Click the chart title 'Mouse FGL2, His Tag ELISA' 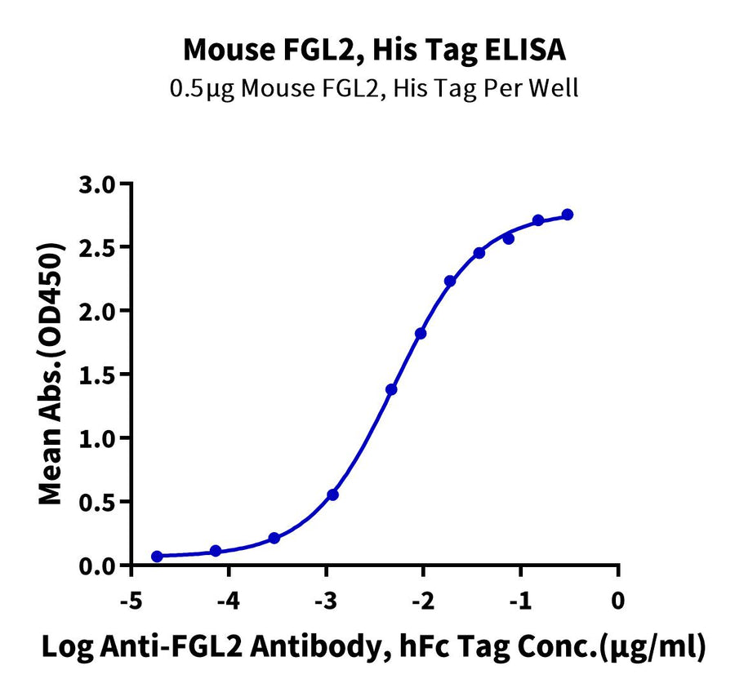tap(374, 51)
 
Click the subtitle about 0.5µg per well tap(373, 87)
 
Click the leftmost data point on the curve tap(157, 556)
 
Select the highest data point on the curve tap(568, 215)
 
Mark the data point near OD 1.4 tap(391, 389)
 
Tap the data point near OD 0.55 tap(332, 495)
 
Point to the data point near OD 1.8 tap(421, 333)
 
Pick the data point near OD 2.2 tap(450, 281)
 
